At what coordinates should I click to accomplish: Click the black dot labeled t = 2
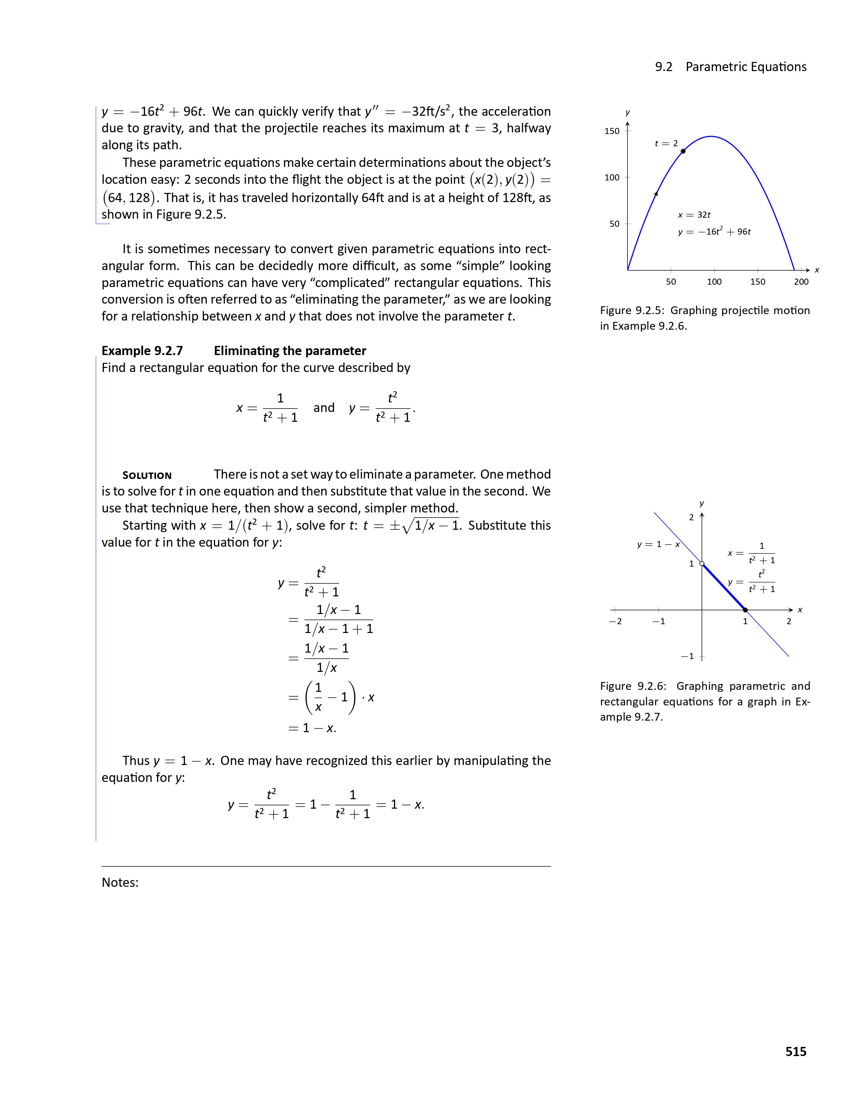coord(683,151)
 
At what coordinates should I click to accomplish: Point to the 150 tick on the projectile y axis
coord(612,131)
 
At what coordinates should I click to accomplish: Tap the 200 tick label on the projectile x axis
coord(801,282)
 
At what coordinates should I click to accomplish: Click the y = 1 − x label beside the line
coord(658,544)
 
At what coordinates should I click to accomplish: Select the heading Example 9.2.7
coord(142,351)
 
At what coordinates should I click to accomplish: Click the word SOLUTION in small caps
coord(147,476)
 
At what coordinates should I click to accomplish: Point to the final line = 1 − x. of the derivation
coord(312,728)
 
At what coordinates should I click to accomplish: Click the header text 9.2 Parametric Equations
coord(731,67)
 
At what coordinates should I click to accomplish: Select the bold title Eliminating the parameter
coord(290,351)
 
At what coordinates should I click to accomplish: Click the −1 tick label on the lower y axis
coord(688,656)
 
